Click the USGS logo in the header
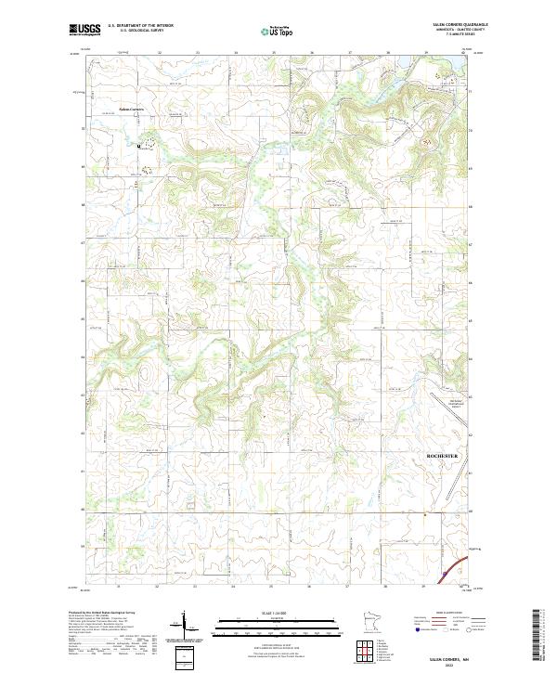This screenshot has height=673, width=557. click(84, 30)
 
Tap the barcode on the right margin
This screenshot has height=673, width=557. click(538, 631)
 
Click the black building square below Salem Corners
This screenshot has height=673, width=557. click(139, 146)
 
